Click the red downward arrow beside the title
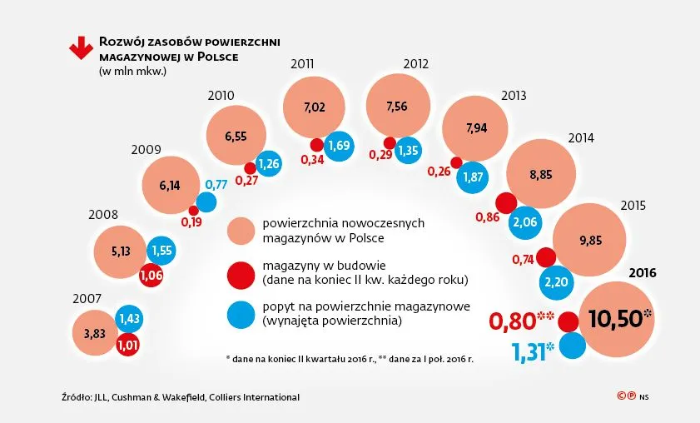(x=81, y=48)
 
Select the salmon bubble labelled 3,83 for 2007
(x=96, y=333)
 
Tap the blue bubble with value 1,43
(x=128, y=318)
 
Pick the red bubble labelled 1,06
(x=151, y=274)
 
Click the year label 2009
(x=146, y=150)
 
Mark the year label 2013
(x=514, y=96)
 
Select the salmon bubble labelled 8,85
(x=541, y=174)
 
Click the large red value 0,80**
(x=522, y=321)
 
